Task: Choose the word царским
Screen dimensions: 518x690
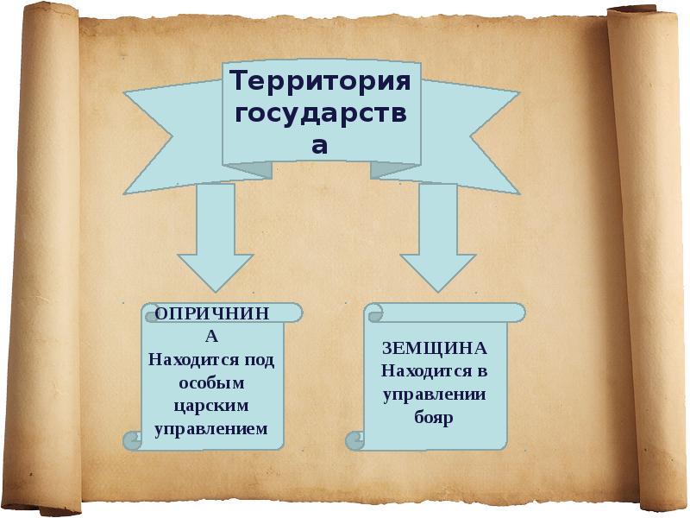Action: point(211,404)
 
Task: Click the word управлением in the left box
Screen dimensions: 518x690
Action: point(211,427)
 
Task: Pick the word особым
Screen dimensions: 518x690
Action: point(211,382)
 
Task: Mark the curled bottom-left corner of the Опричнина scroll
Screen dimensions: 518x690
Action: point(132,441)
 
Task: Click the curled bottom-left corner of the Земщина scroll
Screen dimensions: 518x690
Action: point(354,441)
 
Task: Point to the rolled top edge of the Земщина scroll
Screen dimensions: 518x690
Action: point(444,311)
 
